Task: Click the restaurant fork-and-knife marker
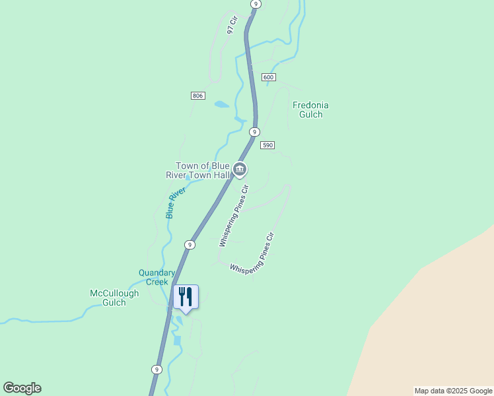coord(186,297)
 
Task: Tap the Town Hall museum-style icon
coord(240,170)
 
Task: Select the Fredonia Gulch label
coord(310,110)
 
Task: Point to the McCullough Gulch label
coord(115,298)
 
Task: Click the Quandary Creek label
coord(157,277)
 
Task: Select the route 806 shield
coord(198,96)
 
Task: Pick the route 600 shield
coord(268,77)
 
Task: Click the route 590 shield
coord(267,145)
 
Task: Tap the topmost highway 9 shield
coord(256,4)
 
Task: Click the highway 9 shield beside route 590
coord(254,132)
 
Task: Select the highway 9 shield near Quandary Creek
coord(190,244)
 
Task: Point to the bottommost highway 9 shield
coord(156,370)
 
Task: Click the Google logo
coord(22,388)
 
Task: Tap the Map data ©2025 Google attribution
coord(453,391)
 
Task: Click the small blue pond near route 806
coord(221,104)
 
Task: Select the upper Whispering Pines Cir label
coord(234,216)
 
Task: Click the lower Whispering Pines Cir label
coord(251,253)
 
